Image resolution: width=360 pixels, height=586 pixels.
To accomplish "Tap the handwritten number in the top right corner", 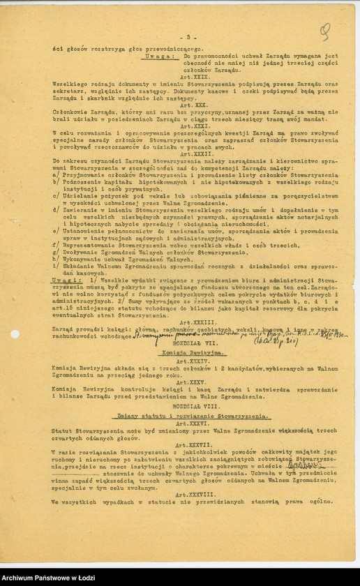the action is click(x=324, y=32).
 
